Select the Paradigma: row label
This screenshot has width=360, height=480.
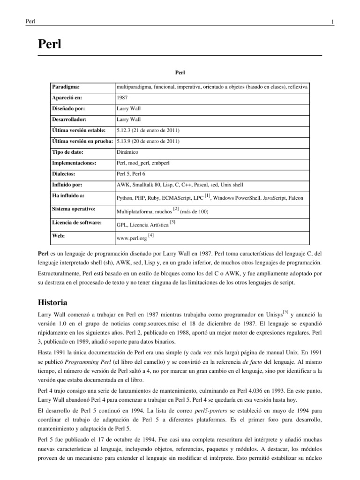click(x=66, y=87)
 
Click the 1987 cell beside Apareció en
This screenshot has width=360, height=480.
click(x=121, y=98)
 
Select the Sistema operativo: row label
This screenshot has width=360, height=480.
click(x=74, y=208)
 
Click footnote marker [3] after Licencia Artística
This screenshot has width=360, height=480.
click(x=172, y=222)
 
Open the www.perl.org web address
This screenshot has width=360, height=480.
click(x=131, y=238)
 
